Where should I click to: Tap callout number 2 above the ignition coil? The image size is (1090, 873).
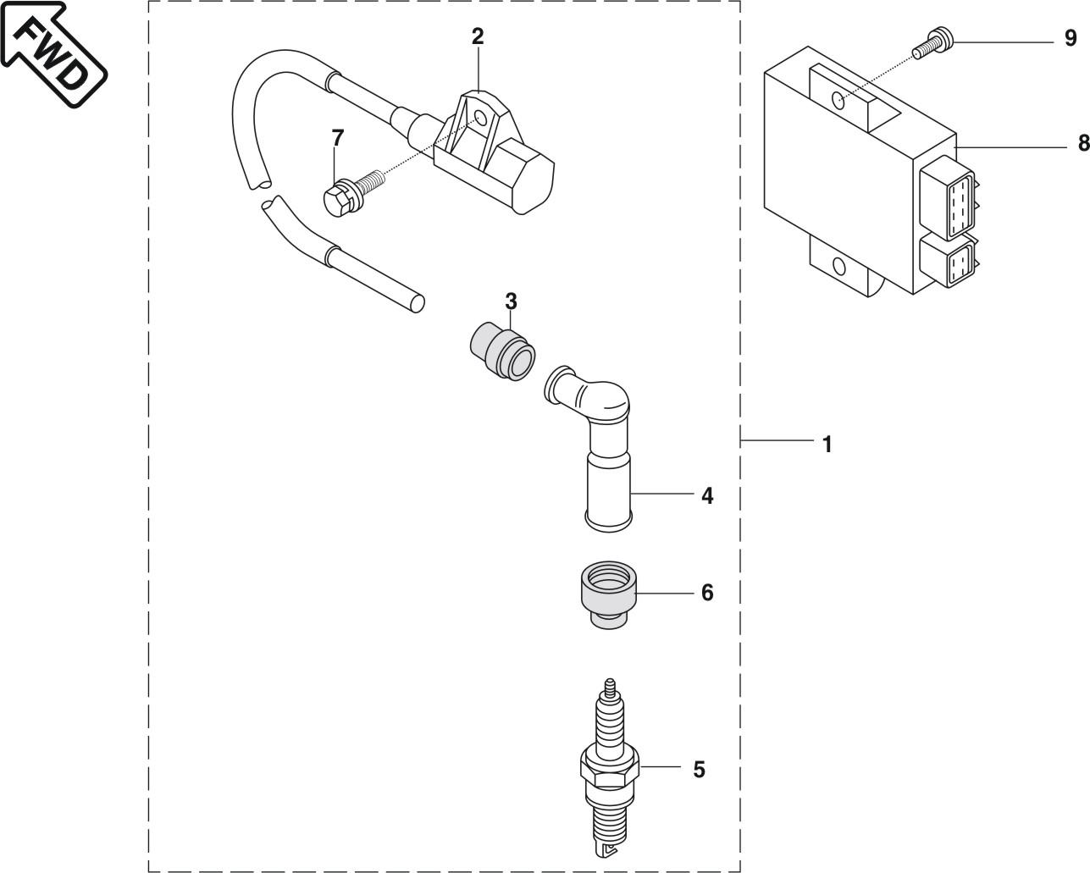click(x=478, y=36)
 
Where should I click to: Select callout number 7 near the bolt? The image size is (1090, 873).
click(x=338, y=138)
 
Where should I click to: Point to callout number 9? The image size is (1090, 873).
click(x=1071, y=38)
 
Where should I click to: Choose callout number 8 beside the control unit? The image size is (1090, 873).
click(x=1083, y=143)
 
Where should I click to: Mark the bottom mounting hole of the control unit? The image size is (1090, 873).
click(x=838, y=267)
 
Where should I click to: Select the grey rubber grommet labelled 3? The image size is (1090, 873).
click(x=502, y=351)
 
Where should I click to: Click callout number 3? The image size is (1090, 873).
click(x=511, y=301)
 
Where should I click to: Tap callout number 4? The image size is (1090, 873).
click(x=707, y=495)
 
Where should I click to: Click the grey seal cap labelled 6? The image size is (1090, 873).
click(x=608, y=594)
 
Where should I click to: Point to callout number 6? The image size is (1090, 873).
click(x=707, y=593)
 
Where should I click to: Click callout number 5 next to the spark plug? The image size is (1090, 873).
click(x=699, y=770)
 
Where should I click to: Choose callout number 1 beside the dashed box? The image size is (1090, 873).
click(x=827, y=444)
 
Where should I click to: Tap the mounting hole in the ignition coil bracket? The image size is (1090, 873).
click(x=480, y=119)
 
